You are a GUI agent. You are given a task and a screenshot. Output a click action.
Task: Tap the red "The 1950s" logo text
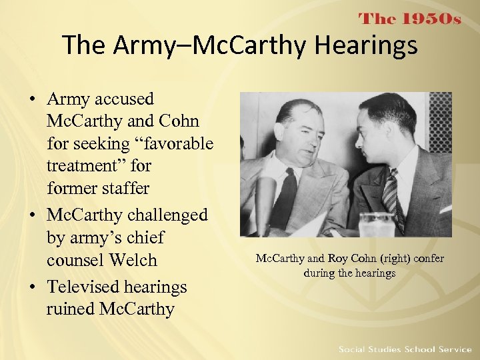coord(410,19)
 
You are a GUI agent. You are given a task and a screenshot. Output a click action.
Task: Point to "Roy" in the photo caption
coord(338,259)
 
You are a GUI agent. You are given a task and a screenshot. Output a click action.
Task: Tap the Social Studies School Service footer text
coord(405,349)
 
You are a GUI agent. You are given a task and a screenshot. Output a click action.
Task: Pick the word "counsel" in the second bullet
coord(75,260)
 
